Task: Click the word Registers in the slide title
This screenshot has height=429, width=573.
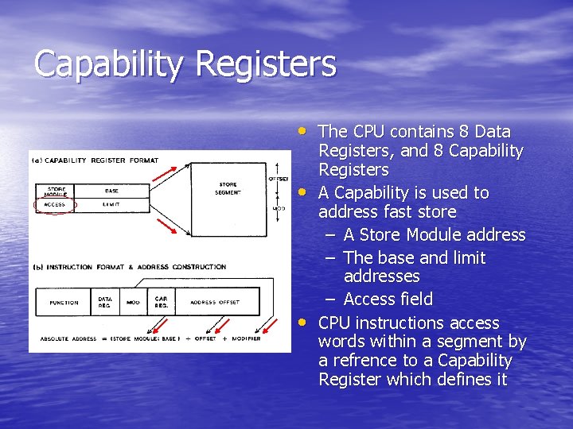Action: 274,64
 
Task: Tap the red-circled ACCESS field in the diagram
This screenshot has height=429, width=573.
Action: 55,204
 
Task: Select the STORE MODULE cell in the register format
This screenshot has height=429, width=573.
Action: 55,191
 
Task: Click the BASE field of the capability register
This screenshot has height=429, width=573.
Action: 112,191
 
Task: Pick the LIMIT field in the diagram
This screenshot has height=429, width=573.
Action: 112,204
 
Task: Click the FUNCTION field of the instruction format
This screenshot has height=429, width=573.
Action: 64,302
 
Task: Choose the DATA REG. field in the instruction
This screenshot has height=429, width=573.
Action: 105,302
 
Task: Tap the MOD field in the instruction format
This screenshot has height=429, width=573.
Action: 133,302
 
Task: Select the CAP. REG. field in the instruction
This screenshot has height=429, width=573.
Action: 161,302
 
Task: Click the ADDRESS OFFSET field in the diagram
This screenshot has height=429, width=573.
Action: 215,302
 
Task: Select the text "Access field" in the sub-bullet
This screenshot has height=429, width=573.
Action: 388,299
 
